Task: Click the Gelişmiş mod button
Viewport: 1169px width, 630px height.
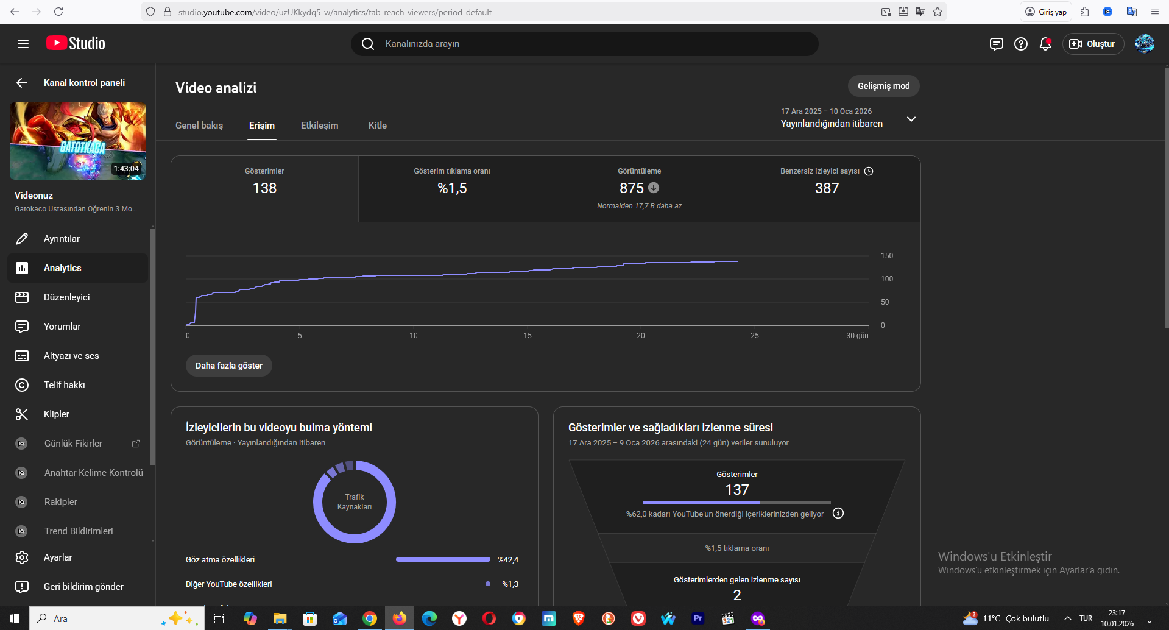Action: (x=883, y=86)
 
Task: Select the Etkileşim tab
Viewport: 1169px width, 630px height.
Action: (x=319, y=126)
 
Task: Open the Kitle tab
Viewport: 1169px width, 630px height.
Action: (x=378, y=126)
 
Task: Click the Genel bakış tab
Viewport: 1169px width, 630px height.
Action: (x=199, y=126)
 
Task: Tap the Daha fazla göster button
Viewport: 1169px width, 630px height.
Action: (x=229, y=366)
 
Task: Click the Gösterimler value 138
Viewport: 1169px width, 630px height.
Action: (x=264, y=188)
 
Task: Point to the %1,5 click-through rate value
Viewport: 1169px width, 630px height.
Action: (x=452, y=188)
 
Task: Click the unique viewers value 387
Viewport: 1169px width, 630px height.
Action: (x=827, y=188)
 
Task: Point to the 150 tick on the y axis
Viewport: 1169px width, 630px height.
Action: (x=887, y=256)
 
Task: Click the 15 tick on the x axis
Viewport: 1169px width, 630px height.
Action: (x=528, y=336)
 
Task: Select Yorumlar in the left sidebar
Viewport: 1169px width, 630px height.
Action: (x=62, y=327)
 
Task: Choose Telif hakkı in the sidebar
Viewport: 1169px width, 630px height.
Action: (x=65, y=385)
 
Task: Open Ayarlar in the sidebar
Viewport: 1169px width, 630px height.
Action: (x=58, y=557)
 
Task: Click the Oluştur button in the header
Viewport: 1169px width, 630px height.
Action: (x=1093, y=44)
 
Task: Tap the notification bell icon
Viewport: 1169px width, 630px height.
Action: (x=1045, y=44)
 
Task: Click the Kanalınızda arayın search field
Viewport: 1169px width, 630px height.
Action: (x=585, y=44)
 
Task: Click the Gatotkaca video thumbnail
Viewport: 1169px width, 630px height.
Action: (x=78, y=141)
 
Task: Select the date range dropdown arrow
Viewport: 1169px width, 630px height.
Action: (x=911, y=119)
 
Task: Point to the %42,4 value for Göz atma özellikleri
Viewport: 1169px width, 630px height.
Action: (x=508, y=560)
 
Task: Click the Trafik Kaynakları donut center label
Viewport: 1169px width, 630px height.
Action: (x=355, y=502)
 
